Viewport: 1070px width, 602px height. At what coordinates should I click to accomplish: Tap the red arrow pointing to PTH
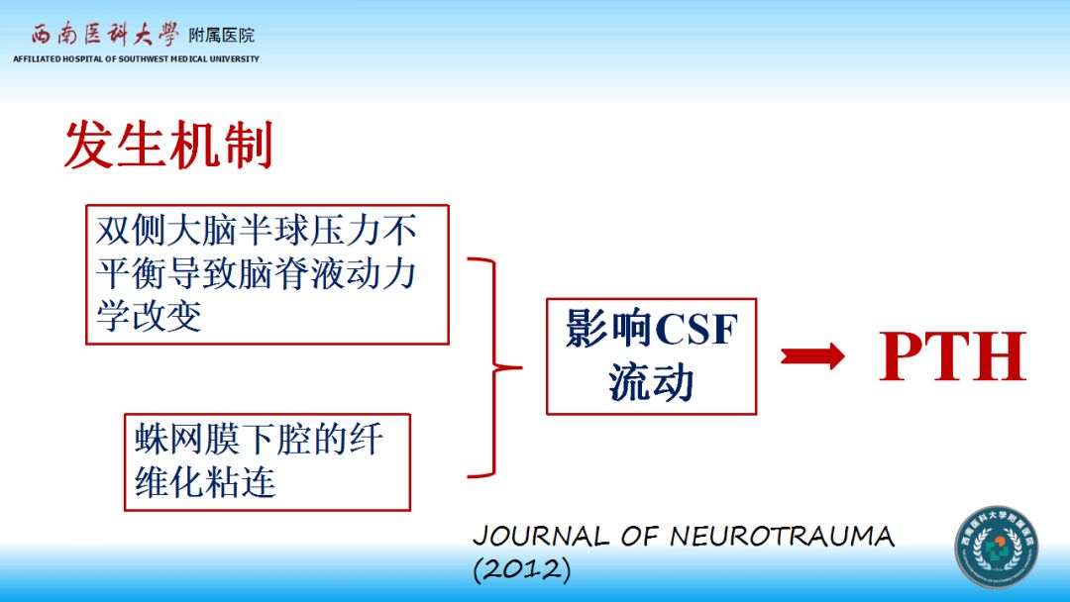[812, 356]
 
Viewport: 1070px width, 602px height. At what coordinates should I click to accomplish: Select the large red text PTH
[952, 357]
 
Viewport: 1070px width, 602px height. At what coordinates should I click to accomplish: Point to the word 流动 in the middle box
[651, 382]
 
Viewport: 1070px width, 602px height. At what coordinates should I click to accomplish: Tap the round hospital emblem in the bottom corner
[996, 548]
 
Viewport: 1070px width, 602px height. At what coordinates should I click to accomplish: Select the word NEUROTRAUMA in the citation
[782, 537]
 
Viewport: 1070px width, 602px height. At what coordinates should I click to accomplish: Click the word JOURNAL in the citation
[541, 537]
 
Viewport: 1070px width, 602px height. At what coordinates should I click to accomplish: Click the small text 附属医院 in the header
[222, 36]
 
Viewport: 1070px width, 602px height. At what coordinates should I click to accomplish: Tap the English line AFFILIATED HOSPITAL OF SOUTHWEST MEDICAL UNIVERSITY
[136, 59]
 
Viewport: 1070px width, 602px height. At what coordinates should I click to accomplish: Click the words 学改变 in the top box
[149, 316]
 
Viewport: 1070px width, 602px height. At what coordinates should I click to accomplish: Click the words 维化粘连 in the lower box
[205, 482]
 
